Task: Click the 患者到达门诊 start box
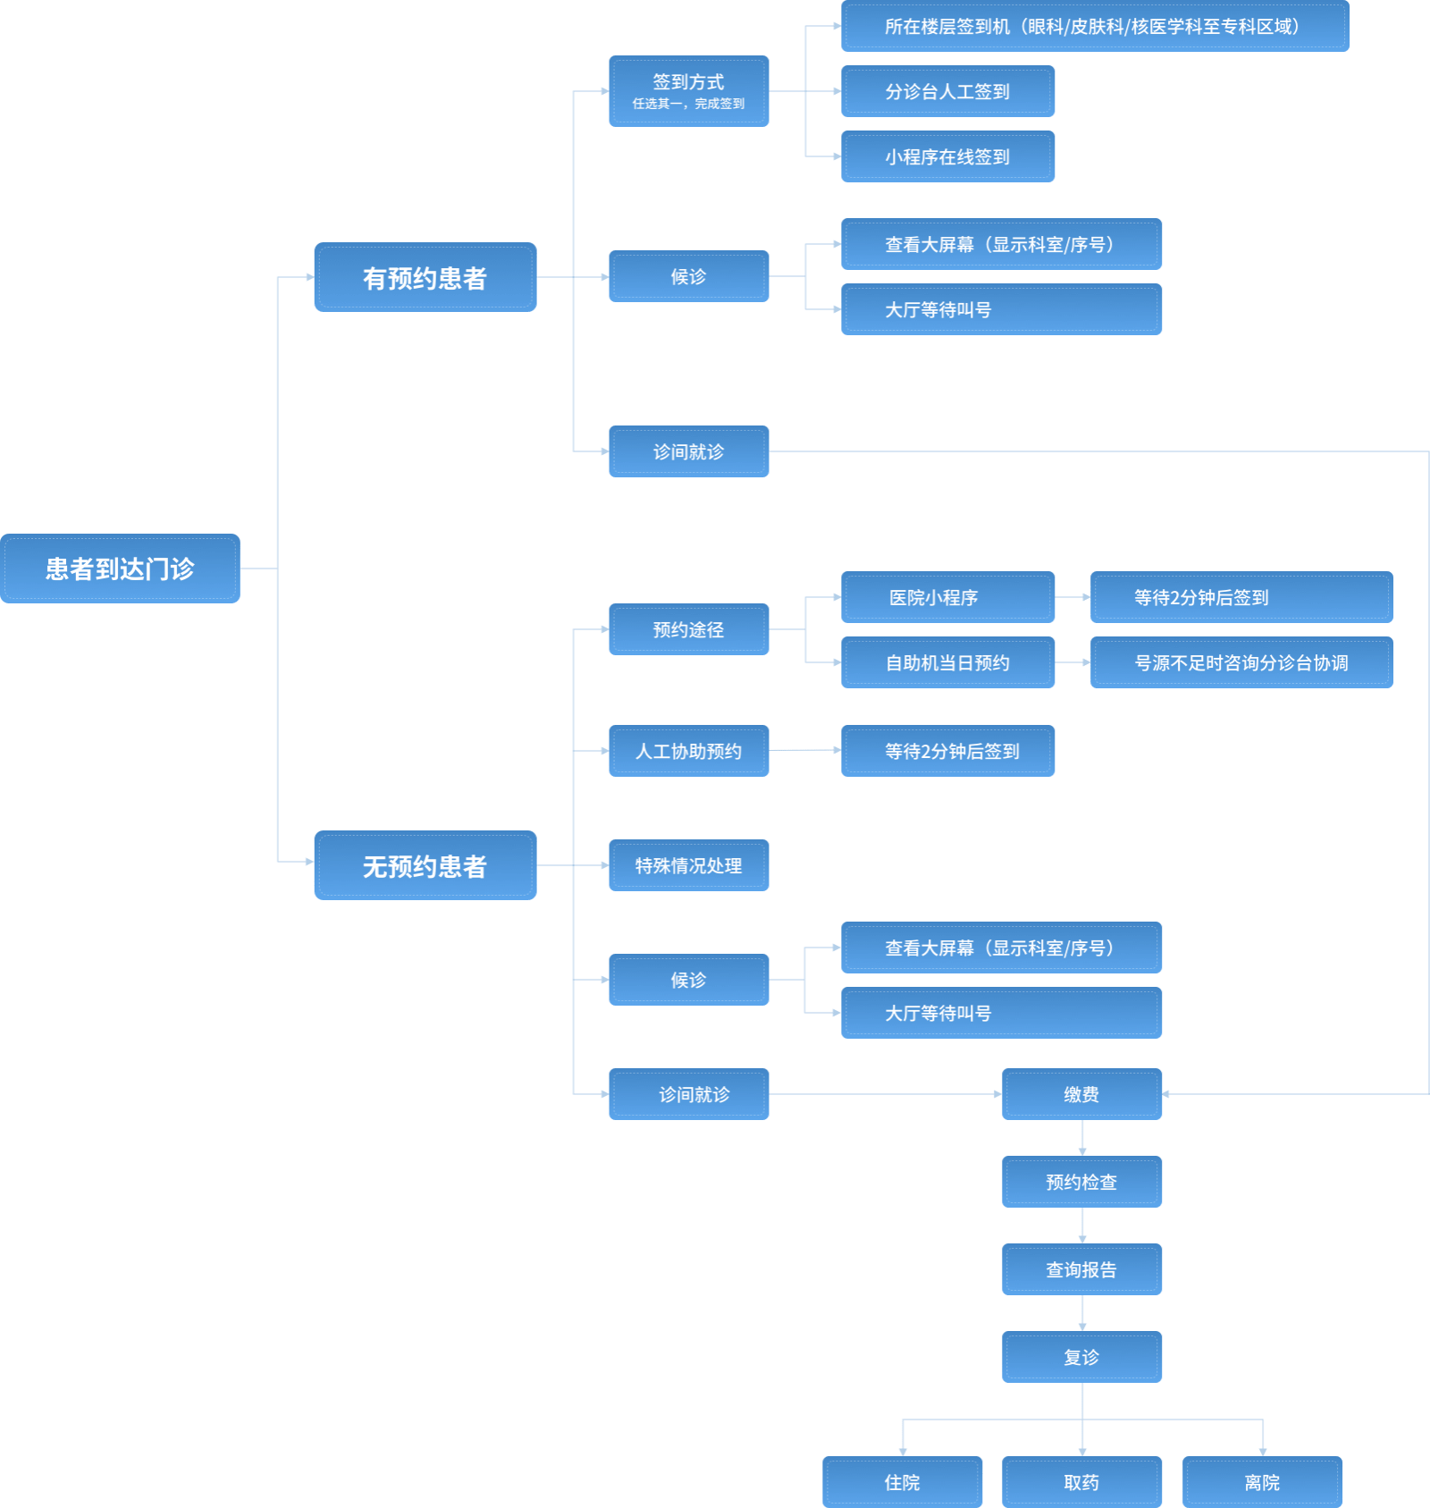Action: (120, 569)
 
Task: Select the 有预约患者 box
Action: (425, 277)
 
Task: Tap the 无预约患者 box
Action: (425, 865)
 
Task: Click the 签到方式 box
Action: (688, 91)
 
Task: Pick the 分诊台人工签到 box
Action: (947, 91)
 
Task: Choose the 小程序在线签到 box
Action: (947, 156)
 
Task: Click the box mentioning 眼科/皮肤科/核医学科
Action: (1095, 27)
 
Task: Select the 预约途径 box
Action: (688, 629)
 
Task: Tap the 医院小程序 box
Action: (947, 597)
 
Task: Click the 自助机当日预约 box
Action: (947, 662)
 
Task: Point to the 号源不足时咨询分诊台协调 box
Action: (1241, 662)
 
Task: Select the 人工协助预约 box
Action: (688, 751)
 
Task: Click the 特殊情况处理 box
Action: (688, 865)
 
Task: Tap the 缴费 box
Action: (1081, 1094)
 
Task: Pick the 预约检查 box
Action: (1081, 1182)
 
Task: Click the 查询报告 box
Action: (1081, 1269)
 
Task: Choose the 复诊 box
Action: (1081, 1357)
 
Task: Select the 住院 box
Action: (902, 1482)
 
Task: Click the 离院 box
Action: (1262, 1482)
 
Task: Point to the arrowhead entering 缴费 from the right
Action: (1166, 1094)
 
